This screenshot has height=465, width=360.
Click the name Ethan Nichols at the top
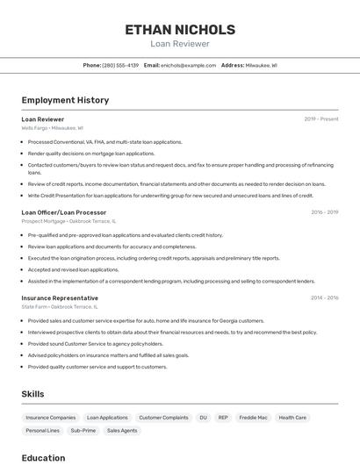click(180, 29)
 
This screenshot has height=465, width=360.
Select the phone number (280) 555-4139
click(120, 65)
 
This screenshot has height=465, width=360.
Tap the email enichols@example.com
click(189, 65)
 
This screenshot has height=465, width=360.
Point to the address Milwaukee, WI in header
click(261, 65)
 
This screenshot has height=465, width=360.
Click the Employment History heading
click(65, 100)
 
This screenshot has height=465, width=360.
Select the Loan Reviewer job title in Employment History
click(43, 119)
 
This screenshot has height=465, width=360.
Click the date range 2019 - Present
click(321, 119)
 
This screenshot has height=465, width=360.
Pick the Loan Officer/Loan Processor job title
click(64, 212)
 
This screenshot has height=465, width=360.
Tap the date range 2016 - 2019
click(324, 212)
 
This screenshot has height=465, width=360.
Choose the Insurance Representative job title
click(60, 297)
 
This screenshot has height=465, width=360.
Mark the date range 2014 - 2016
click(324, 297)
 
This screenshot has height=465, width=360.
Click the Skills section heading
click(32, 394)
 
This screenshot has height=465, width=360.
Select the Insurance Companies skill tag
click(51, 418)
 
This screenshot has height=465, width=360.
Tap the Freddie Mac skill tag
click(254, 418)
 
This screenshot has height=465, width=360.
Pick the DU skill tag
click(203, 418)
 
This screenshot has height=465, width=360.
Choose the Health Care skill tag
click(292, 418)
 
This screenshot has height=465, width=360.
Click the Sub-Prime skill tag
click(83, 431)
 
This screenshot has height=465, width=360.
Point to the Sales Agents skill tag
click(122, 431)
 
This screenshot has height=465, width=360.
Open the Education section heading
click(43, 457)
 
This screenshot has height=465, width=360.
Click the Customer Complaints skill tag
click(163, 418)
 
